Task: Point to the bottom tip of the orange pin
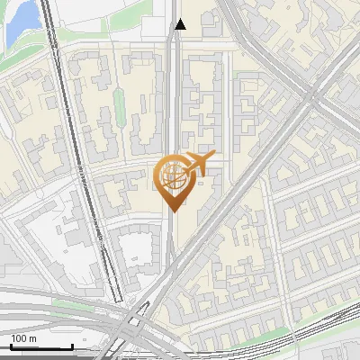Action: [x=173, y=211]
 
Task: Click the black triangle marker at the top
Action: [x=180, y=24]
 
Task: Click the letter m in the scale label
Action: [x=33, y=338]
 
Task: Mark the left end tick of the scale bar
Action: [x=11, y=346]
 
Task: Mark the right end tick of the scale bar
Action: [x=72, y=346]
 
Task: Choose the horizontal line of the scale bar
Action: [x=41, y=347]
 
